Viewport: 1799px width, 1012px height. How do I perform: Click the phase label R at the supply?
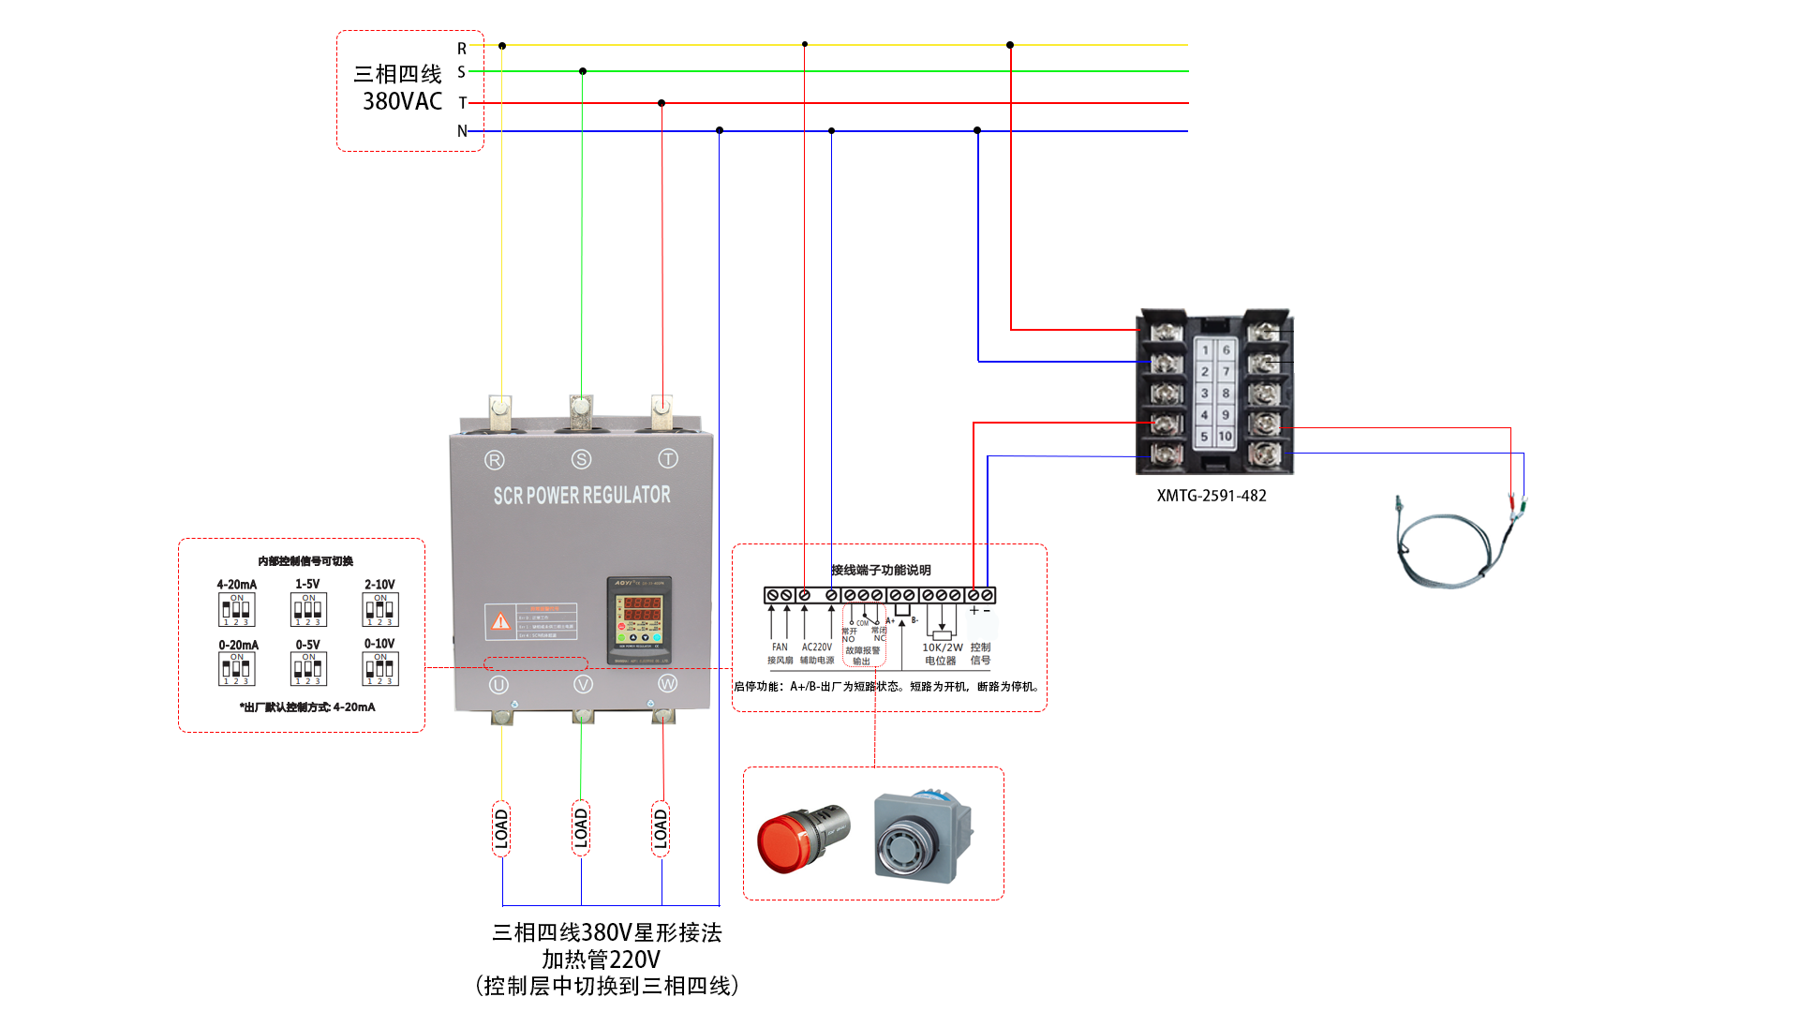pyautogui.click(x=462, y=49)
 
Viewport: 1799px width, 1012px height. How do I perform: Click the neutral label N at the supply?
pyautogui.click(x=462, y=131)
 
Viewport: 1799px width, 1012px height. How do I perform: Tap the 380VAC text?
pyautogui.click(x=402, y=101)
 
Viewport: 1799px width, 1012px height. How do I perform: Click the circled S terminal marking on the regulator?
pyautogui.click(x=581, y=459)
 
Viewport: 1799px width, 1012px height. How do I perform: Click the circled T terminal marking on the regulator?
pyautogui.click(x=667, y=458)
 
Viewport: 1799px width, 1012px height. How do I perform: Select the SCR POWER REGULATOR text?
pyautogui.click(x=582, y=495)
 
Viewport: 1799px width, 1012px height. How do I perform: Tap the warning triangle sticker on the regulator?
pyautogui.click(x=501, y=620)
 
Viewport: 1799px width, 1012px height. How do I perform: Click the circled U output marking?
pyautogui.click(x=498, y=685)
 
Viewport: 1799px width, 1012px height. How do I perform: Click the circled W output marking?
pyautogui.click(x=667, y=684)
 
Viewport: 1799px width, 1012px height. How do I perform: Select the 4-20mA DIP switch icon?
pyautogui.click(x=236, y=610)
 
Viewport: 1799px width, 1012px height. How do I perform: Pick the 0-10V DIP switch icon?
pyautogui.click(x=379, y=668)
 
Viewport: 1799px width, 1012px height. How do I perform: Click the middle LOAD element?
pyautogui.click(x=581, y=828)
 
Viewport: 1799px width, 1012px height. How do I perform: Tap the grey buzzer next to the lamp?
pyautogui.click(x=922, y=836)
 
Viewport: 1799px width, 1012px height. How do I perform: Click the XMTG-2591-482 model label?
pyautogui.click(x=1211, y=496)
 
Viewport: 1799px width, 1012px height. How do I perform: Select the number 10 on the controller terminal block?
pyautogui.click(x=1225, y=436)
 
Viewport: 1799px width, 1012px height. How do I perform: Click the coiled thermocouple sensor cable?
pyautogui.click(x=1448, y=548)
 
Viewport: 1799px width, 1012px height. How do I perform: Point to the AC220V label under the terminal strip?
pyautogui.click(x=816, y=647)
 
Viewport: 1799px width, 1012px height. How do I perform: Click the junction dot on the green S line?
pyautogui.click(x=583, y=71)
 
